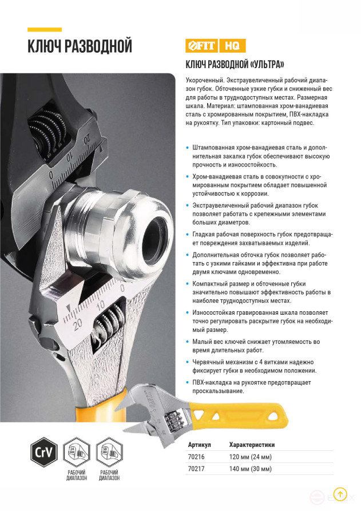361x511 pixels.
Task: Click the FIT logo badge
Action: tap(200, 45)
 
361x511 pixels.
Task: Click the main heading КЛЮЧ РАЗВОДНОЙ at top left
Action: tap(80, 46)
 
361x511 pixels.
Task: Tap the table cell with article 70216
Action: tap(196, 457)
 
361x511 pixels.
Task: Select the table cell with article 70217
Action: tap(196, 469)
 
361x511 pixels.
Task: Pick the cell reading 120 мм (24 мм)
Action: tap(250, 457)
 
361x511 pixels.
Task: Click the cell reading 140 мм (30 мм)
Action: tap(250, 469)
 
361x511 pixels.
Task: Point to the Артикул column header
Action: tap(199, 445)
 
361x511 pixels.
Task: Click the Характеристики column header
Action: tap(252, 445)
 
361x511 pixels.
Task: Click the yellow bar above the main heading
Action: tap(44, 29)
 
